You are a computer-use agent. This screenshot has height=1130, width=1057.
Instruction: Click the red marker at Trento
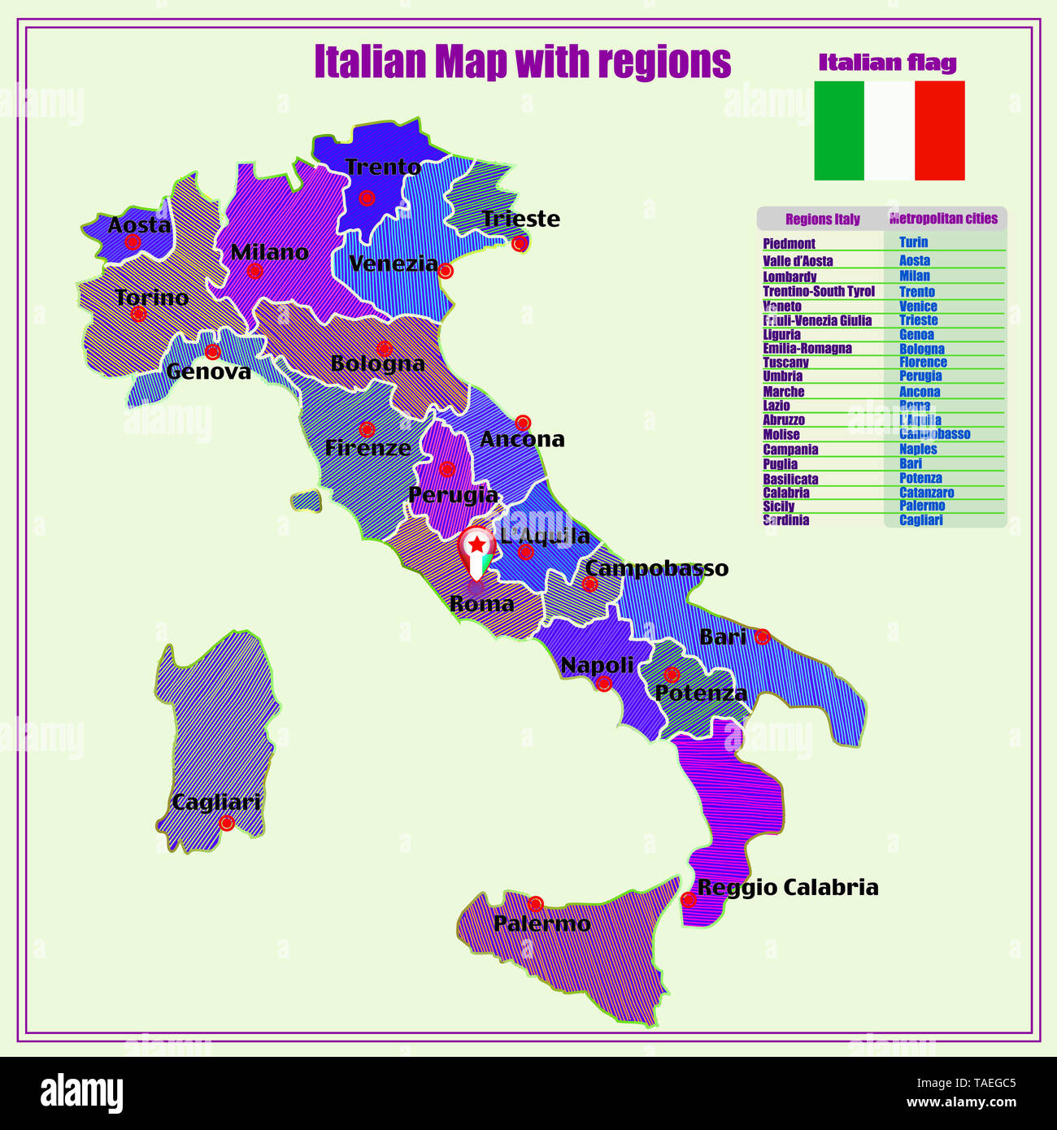coord(367,198)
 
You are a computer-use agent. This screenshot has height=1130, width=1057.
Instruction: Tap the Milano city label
coord(269,252)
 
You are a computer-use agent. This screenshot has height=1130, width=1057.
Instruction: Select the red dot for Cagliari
coord(227,823)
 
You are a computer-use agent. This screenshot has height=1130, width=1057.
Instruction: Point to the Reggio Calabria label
coord(788,887)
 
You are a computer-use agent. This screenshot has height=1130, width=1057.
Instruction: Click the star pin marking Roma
coord(476,550)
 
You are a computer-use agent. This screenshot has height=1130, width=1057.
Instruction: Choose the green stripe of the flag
coord(839,130)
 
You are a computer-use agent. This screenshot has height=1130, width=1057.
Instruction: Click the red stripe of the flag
coord(940,130)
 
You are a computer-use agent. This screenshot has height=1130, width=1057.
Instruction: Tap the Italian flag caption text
coord(887,63)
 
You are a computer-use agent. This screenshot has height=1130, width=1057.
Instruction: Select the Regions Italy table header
coord(822,219)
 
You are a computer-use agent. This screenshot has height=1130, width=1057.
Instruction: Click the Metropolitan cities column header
coord(943,219)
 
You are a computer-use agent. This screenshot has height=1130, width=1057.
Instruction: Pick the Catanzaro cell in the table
coord(926,493)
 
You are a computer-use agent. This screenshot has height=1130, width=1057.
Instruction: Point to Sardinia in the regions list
coord(785,520)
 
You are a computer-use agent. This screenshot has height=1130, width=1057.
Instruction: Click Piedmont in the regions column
coord(789,243)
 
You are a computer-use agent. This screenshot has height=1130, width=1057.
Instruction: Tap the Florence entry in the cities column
coord(923,363)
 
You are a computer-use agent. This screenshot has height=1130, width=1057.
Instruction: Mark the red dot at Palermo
coord(535,904)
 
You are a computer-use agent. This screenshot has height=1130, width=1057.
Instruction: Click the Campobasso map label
coord(656,568)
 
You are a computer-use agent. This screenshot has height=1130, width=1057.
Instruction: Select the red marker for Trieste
coord(520,243)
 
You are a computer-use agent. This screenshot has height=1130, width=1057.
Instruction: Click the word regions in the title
coord(664,62)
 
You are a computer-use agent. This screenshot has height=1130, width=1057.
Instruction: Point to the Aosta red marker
coord(133,241)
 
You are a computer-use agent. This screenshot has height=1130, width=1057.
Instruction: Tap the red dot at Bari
coord(762,637)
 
